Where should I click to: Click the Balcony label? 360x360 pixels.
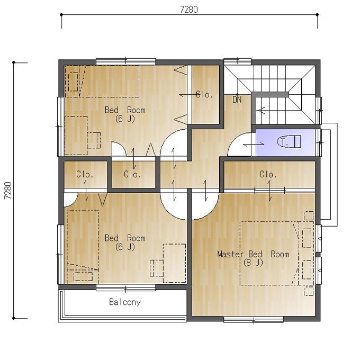[x=125, y=302]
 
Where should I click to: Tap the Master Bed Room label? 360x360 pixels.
[x=253, y=254]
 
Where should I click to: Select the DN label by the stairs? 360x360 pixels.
[x=237, y=100]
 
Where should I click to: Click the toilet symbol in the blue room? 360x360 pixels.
[x=289, y=142]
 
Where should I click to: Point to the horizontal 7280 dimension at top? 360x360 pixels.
[x=189, y=10]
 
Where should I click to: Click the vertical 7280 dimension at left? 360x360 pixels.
[x=8, y=191]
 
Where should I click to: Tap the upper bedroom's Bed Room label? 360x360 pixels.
[x=125, y=110]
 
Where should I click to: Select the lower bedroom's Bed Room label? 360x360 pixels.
[x=125, y=238]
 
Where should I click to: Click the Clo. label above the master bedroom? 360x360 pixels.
[x=268, y=174]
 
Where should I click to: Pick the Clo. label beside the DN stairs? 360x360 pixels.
[x=204, y=94]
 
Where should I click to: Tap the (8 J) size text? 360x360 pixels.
[x=253, y=262]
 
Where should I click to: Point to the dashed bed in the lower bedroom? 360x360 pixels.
[x=83, y=247]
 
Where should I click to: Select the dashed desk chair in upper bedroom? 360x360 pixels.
[x=94, y=140]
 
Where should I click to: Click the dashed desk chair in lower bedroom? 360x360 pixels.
[x=157, y=268]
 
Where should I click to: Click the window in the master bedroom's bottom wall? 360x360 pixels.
[x=253, y=319]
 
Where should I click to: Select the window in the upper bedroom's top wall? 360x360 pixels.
[x=125, y=61]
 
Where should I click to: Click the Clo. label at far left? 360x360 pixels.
[x=85, y=174]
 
